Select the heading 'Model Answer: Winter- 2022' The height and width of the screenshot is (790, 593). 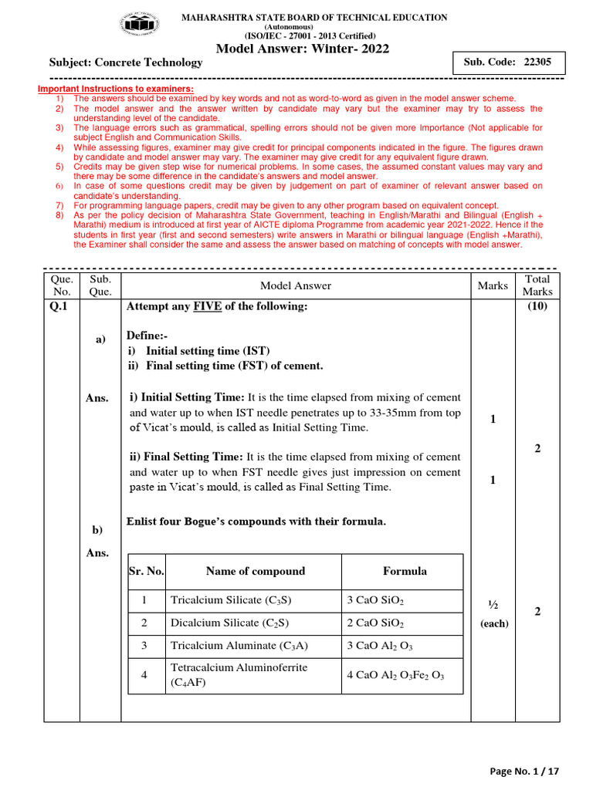(x=302, y=50)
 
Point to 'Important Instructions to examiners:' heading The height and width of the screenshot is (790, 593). (x=116, y=89)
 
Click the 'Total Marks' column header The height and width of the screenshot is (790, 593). (x=537, y=285)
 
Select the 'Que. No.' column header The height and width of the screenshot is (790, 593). (x=61, y=285)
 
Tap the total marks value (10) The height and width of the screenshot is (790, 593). (x=537, y=307)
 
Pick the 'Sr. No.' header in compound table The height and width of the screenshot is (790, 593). (x=147, y=572)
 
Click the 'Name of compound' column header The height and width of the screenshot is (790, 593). (x=255, y=572)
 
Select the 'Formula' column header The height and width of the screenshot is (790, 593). (x=404, y=572)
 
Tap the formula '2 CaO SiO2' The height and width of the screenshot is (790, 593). (x=375, y=623)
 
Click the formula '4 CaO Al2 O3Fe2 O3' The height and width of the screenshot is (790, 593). (x=395, y=675)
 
